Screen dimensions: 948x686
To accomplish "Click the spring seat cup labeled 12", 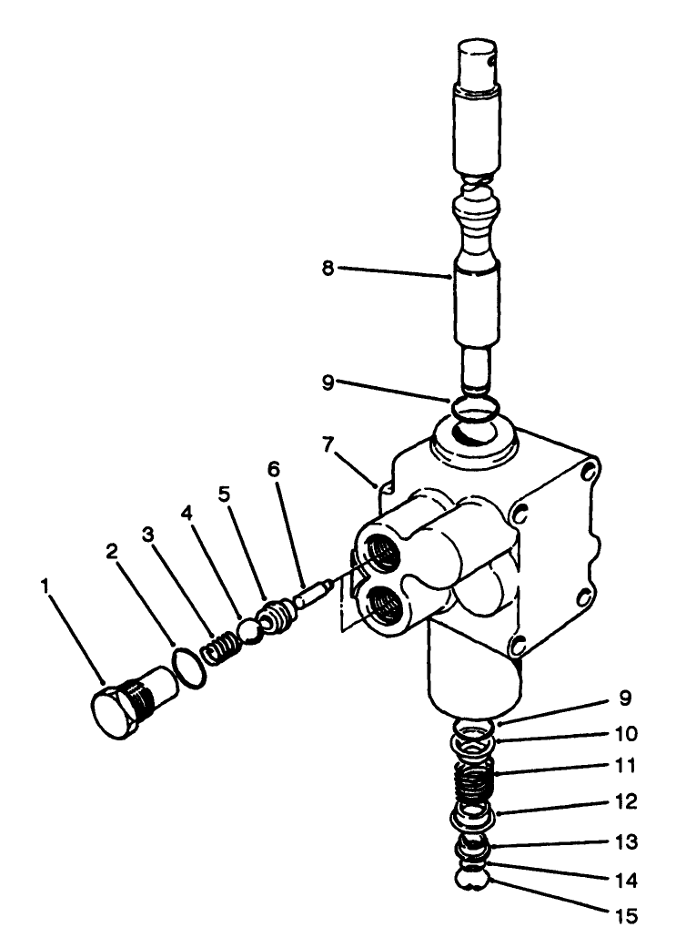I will [x=473, y=817].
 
